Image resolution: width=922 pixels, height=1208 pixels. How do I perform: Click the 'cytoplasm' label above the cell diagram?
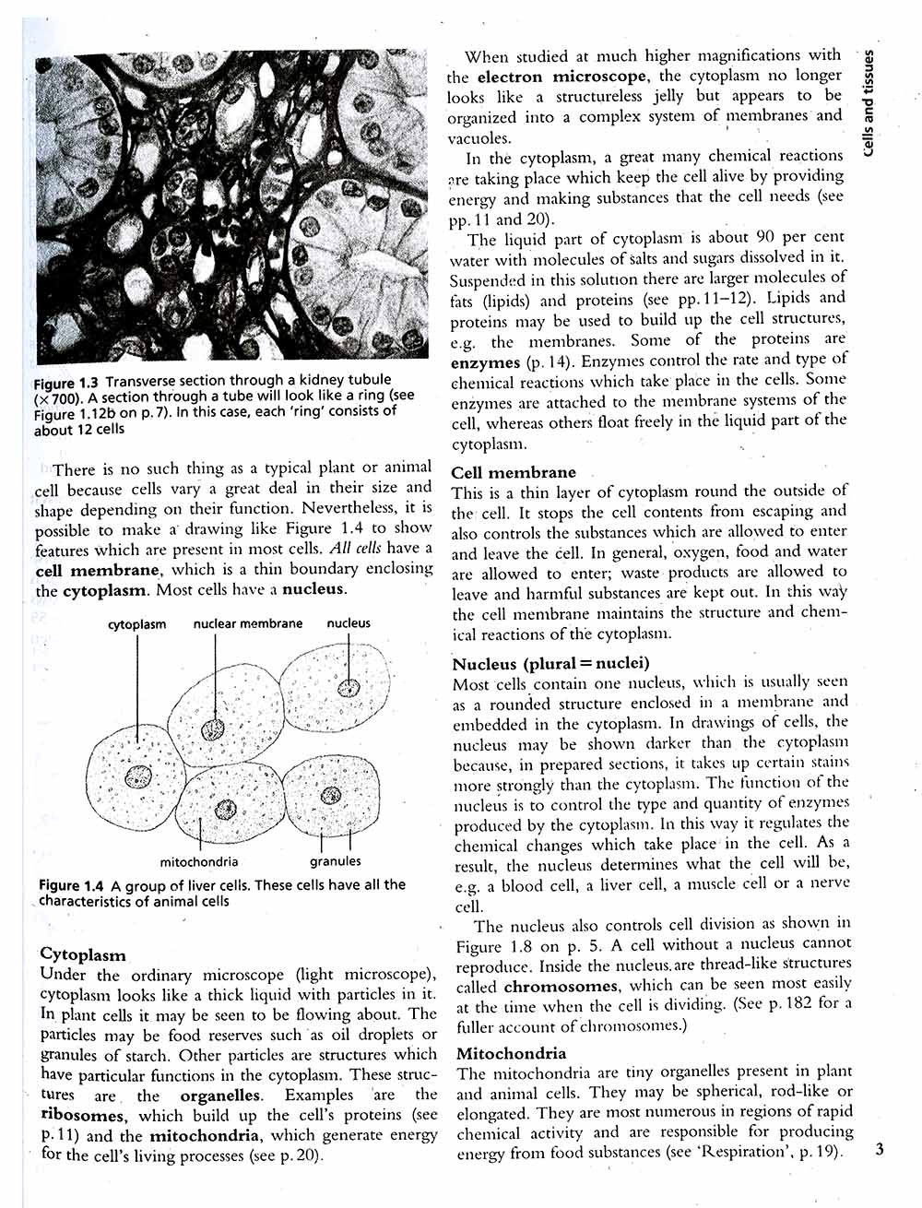136,624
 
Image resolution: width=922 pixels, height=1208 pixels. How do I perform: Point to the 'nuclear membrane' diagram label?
247,623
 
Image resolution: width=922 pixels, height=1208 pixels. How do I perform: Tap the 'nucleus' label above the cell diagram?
349,623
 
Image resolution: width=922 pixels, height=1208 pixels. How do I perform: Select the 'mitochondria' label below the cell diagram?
199,862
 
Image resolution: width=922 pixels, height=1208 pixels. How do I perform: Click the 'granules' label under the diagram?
336,862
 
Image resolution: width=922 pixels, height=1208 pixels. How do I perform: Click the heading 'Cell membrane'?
513,472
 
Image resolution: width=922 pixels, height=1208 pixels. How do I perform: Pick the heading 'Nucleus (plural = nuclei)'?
550,664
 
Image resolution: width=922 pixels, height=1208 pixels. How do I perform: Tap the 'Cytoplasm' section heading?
83,954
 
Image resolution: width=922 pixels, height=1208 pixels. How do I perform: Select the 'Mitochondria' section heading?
511,1053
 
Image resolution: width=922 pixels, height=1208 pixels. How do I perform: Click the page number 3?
880,1150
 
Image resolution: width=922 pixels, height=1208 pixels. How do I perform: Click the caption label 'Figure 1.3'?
65,382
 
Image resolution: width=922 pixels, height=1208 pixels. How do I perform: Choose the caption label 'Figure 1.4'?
71,885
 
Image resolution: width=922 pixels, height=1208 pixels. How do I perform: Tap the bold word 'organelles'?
220,1095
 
